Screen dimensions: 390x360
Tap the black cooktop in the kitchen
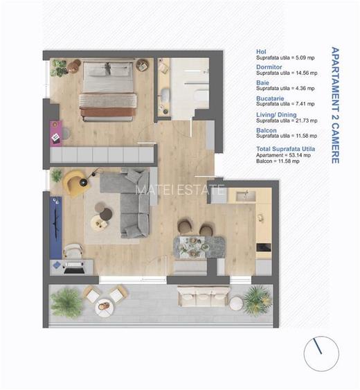263,247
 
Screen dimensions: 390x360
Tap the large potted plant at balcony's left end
67,302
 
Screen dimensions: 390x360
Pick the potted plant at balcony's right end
257,299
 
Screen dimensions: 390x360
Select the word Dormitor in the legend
267,67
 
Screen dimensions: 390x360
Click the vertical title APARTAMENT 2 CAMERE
334,105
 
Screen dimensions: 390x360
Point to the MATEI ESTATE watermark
180,189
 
